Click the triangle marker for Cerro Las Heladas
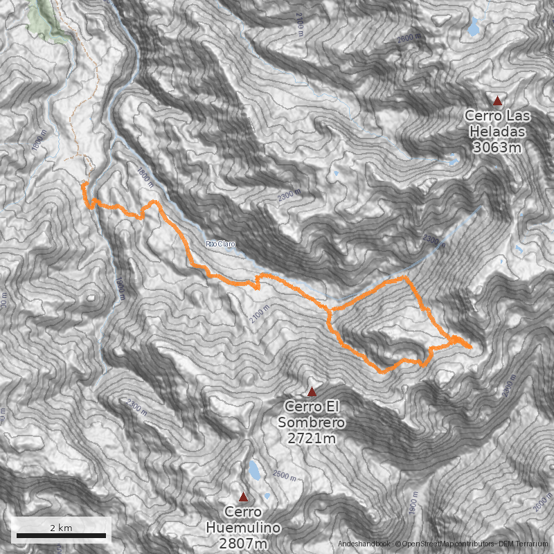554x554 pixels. point(497,100)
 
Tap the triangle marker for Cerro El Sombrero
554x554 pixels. point(312,391)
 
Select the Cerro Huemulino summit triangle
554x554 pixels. point(243,497)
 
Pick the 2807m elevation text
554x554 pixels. point(243,544)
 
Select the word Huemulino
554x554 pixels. point(243,528)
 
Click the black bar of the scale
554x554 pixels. point(61,535)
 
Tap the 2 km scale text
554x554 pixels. point(61,527)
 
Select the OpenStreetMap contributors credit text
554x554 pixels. point(441,545)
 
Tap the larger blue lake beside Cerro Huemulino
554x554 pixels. point(255,471)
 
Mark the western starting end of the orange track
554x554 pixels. point(84,184)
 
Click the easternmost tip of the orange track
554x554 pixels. point(472,347)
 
